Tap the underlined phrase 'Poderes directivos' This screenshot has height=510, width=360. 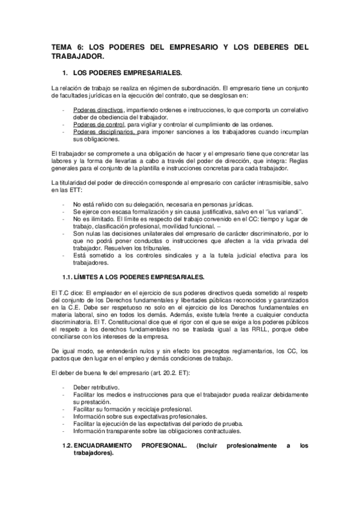point(99,111)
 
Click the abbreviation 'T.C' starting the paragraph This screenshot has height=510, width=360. point(64,292)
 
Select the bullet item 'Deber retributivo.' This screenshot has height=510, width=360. point(96,388)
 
